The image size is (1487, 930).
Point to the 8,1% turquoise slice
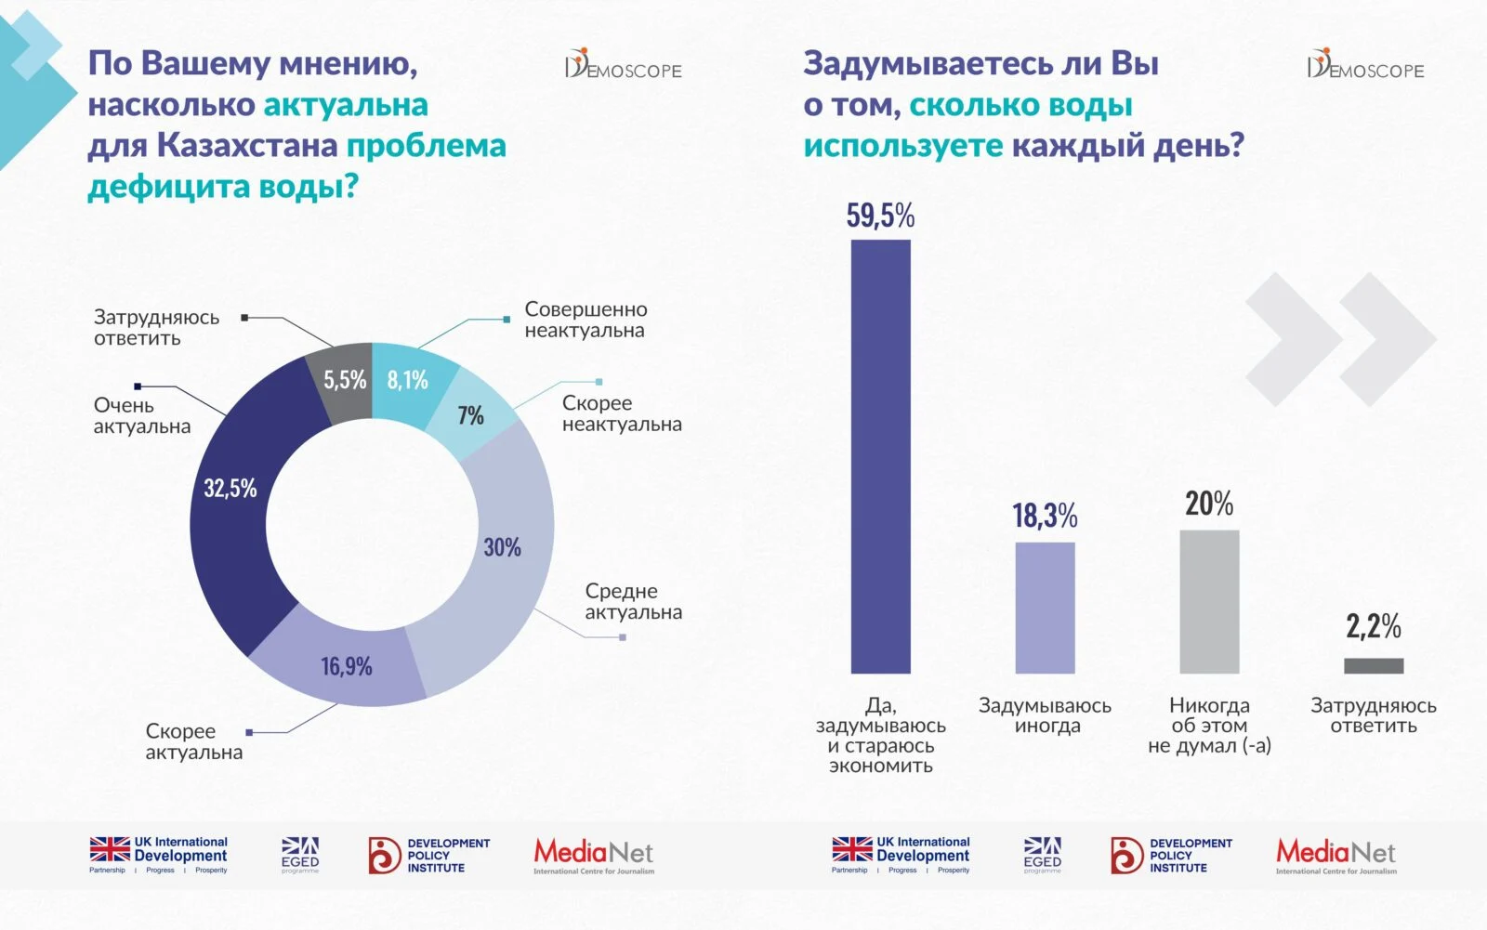click(x=409, y=381)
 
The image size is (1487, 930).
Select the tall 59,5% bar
click(x=880, y=455)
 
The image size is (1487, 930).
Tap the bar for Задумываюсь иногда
click(x=1045, y=608)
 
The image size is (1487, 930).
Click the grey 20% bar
click(x=1209, y=601)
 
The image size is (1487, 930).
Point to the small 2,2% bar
click(x=1374, y=665)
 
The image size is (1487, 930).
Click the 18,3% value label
click(x=1045, y=516)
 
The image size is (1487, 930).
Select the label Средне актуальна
click(x=633, y=601)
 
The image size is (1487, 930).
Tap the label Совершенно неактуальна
click(x=586, y=320)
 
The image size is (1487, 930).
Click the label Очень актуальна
click(x=141, y=415)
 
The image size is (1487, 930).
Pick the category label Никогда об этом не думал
click(x=1209, y=725)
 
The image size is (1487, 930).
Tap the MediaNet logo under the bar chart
click(x=1336, y=855)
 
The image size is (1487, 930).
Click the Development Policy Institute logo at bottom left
click(x=428, y=855)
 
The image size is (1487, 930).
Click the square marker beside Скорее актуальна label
click(x=249, y=732)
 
